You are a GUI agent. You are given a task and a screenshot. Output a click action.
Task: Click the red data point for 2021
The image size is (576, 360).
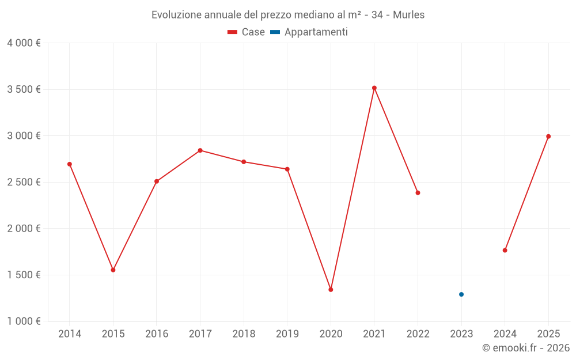click(x=374, y=88)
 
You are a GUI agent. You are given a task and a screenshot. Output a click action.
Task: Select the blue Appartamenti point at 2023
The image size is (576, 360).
click(x=461, y=294)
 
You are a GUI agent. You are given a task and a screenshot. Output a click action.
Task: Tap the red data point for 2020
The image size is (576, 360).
click(x=331, y=290)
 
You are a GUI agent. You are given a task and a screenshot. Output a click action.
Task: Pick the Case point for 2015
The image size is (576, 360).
click(x=113, y=270)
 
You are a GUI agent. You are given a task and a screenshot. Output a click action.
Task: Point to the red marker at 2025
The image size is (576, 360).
click(x=548, y=137)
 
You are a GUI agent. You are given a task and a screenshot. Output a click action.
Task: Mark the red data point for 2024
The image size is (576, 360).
click(x=505, y=251)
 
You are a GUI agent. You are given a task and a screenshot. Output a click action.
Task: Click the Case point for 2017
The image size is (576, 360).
click(x=200, y=150)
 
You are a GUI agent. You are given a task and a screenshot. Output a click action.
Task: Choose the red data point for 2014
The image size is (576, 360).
click(x=70, y=164)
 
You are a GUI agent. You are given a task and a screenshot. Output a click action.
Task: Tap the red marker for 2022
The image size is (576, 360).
click(x=418, y=193)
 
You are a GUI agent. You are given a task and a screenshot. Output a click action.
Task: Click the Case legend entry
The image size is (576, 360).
click(x=247, y=32)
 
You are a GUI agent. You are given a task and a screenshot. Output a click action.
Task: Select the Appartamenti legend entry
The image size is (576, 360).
click(x=309, y=32)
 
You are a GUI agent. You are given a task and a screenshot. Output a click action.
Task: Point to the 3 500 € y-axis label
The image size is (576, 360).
click(x=24, y=89)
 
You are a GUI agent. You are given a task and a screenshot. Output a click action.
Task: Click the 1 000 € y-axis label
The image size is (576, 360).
click(x=24, y=321)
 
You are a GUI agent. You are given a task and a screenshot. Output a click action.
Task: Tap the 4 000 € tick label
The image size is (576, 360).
click(x=24, y=43)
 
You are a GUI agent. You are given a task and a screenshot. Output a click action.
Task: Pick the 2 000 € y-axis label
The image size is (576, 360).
click(x=24, y=229)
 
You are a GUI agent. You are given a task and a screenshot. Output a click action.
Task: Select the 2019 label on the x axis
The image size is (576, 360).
click(x=287, y=334)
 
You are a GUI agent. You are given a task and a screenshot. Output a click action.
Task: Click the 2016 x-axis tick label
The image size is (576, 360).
click(x=157, y=334)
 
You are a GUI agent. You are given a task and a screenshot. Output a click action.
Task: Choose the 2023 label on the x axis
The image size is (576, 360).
click(x=461, y=334)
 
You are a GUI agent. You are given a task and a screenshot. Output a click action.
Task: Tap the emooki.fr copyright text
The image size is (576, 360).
click(x=526, y=348)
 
